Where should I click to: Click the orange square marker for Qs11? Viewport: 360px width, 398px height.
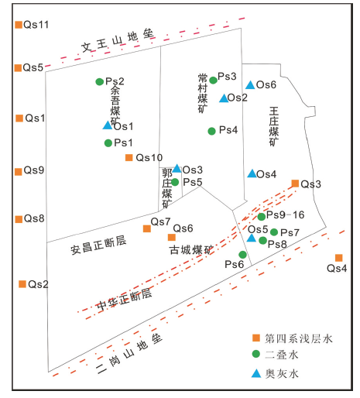coord(19,25)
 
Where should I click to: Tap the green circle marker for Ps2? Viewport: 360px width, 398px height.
coord(100,82)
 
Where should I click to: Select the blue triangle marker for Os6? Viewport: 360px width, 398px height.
coord(250,85)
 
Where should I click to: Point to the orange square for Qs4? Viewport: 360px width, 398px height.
coord(339,258)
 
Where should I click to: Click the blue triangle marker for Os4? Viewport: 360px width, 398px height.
coord(252,173)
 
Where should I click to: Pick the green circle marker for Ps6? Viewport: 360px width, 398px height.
coord(242,255)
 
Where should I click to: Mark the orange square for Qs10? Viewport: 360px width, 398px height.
coord(129,157)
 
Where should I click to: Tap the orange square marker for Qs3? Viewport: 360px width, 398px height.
coord(295,184)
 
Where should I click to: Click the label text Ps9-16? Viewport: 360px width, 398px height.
coord(286,214)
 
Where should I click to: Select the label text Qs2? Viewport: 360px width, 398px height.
coord(38,284)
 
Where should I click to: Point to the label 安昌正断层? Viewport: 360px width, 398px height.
coord(98,245)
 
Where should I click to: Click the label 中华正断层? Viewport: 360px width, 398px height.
coord(125,300)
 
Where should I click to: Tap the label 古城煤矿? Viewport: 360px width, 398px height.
coord(191,249)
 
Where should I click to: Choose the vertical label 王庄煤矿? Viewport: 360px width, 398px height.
coord(274,126)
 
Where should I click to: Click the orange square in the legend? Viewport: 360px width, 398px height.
coord(256,338)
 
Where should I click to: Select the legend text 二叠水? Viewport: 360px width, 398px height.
coord(282,355)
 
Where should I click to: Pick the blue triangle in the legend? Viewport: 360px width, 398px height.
coord(256,373)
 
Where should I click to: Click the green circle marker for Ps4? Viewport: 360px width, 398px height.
coord(211,131)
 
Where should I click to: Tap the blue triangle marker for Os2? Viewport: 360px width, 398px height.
coord(224,98)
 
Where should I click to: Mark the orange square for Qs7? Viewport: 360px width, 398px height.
coord(147,228)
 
